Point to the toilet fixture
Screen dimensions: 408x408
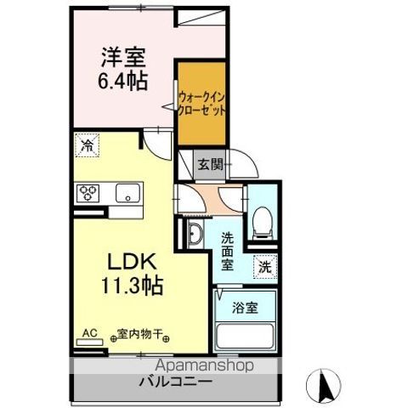(263, 220)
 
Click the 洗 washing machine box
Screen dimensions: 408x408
(266, 265)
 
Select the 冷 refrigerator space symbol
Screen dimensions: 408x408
(86, 145)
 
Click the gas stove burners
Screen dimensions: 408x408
(88, 193)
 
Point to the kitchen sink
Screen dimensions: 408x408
(129, 193)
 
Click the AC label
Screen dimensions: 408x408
(88, 333)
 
